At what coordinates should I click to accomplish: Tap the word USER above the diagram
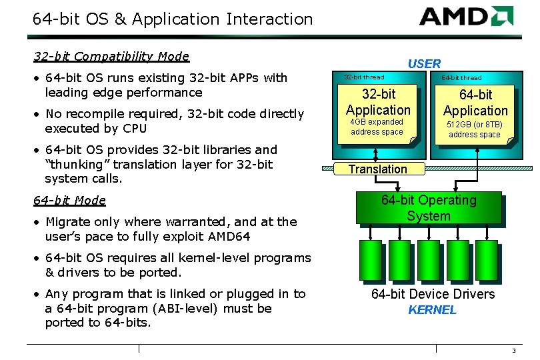click(424, 64)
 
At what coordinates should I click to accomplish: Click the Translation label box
click(377, 169)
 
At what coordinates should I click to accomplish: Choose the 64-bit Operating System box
click(429, 208)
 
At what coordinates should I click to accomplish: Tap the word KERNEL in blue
click(432, 310)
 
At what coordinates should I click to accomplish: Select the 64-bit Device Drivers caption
click(433, 294)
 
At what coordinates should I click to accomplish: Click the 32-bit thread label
click(364, 77)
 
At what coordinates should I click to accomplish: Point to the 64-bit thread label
click(461, 78)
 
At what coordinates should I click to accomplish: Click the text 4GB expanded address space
click(377, 127)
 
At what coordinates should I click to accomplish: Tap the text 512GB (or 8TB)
click(474, 125)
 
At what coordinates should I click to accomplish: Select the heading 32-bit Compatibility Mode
click(111, 57)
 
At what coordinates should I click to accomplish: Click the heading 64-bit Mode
click(69, 200)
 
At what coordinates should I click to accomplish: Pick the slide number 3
click(514, 351)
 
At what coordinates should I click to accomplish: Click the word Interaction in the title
click(269, 19)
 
